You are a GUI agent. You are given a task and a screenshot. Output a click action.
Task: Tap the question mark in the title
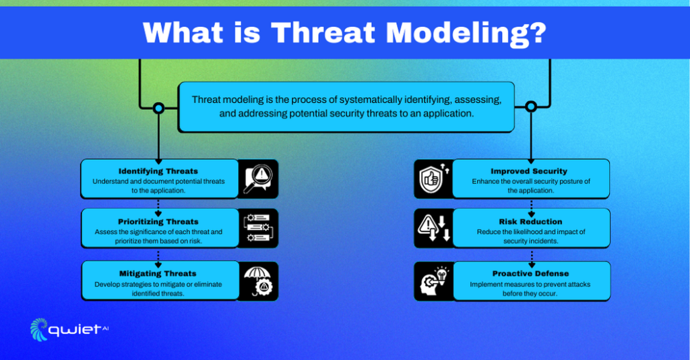pyautogui.click(x=536, y=32)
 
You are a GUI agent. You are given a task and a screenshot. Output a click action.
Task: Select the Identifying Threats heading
pyautogui.click(x=158, y=171)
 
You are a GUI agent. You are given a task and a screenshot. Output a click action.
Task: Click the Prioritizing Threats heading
pyautogui.click(x=158, y=221)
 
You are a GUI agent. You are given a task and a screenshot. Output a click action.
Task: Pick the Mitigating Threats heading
pyautogui.click(x=158, y=274)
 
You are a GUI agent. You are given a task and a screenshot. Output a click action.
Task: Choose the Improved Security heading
pyautogui.click(x=529, y=171)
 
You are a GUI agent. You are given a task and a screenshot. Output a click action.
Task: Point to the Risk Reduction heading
pyautogui.click(x=530, y=221)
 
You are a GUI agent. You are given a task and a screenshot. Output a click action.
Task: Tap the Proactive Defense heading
pyautogui.click(x=530, y=274)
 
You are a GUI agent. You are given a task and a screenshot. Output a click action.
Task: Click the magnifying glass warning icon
pyautogui.click(x=258, y=179)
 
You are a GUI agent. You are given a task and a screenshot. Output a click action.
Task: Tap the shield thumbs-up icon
pyautogui.click(x=432, y=179)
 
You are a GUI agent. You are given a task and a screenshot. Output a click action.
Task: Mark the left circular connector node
pyautogui.click(x=158, y=107)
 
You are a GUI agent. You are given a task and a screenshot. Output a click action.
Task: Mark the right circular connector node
pyautogui.click(x=531, y=107)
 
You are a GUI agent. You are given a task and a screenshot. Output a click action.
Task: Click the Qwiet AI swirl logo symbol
pyautogui.click(x=40, y=329)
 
